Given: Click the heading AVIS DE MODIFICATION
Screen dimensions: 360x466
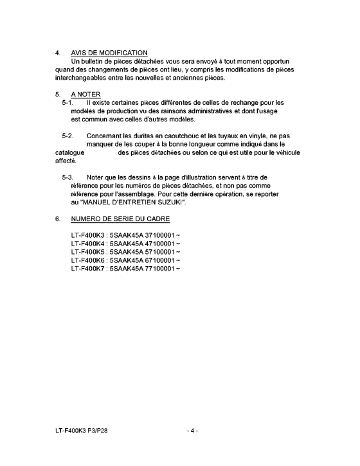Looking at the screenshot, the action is click(x=110, y=53).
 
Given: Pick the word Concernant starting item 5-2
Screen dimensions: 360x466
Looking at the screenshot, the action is click(x=105, y=136).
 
